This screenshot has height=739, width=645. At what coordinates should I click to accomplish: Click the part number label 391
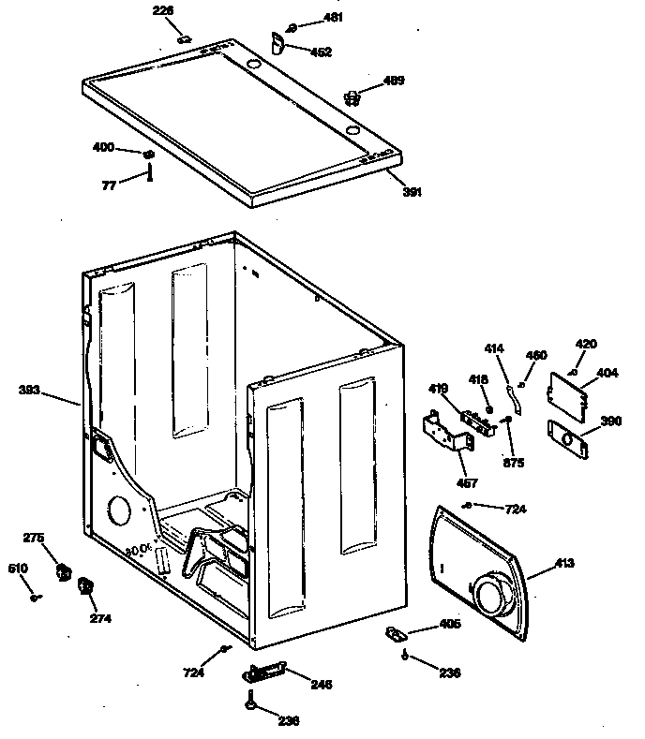pyautogui.click(x=412, y=192)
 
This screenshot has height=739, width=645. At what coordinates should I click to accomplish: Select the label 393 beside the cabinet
pyautogui.click(x=29, y=390)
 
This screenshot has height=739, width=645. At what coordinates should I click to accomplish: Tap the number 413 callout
pyautogui.click(x=563, y=563)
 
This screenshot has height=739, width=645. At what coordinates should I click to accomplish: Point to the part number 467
pyautogui.click(x=467, y=483)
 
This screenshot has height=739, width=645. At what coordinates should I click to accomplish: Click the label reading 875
pyautogui.click(x=513, y=463)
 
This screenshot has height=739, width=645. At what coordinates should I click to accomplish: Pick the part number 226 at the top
pyautogui.click(x=163, y=11)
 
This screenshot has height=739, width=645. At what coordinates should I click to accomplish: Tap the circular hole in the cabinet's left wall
pyautogui.click(x=118, y=511)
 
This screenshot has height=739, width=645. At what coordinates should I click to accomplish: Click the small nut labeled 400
pyautogui.click(x=148, y=154)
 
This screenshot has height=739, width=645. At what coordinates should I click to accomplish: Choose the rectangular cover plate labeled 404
pyautogui.click(x=567, y=391)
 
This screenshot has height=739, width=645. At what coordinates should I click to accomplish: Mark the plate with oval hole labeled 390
pyautogui.click(x=567, y=436)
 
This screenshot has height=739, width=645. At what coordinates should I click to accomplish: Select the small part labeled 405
pyautogui.click(x=396, y=635)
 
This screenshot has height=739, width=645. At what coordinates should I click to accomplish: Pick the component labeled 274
pyautogui.click(x=85, y=587)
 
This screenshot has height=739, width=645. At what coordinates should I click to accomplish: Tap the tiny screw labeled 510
pyautogui.click(x=34, y=596)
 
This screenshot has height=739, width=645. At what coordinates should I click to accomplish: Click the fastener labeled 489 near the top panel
pyautogui.click(x=352, y=96)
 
